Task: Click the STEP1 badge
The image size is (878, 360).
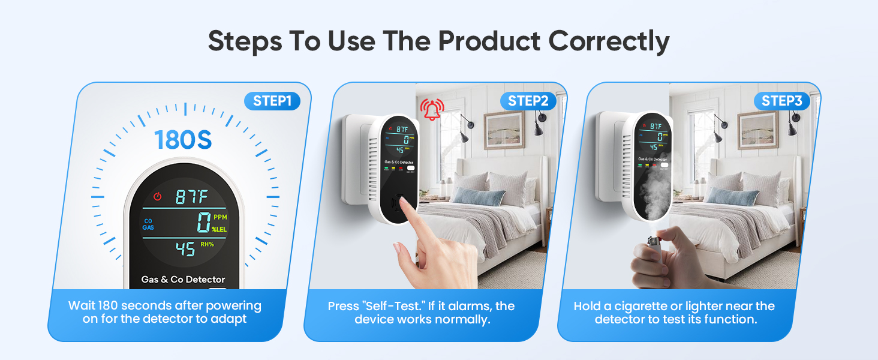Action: [272, 101]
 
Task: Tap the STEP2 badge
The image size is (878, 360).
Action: [528, 101]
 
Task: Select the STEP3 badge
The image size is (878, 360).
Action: [781, 101]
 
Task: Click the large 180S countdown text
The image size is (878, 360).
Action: [184, 139]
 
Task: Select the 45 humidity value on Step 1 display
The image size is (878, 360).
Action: [185, 247]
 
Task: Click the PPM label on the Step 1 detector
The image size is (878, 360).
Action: [220, 218]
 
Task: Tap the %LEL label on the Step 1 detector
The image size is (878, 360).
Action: [219, 229]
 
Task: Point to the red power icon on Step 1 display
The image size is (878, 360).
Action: [158, 196]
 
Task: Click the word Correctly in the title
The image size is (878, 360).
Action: [609, 41]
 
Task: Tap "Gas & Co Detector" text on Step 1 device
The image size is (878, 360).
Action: [183, 279]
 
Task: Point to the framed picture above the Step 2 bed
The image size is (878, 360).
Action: [504, 129]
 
